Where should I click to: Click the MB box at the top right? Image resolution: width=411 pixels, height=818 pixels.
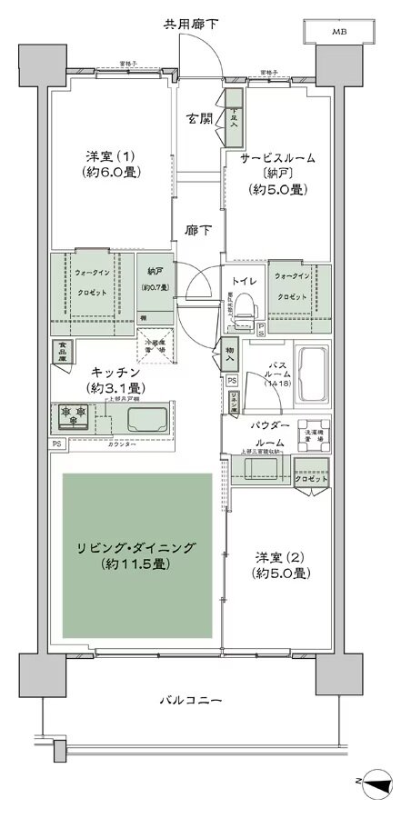point(338,32)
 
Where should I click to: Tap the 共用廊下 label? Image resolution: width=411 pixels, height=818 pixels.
point(193,23)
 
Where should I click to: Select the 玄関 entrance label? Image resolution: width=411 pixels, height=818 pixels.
point(199,118)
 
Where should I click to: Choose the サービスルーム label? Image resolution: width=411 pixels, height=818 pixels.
point(278,157)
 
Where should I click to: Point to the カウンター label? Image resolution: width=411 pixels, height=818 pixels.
point(123,444)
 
